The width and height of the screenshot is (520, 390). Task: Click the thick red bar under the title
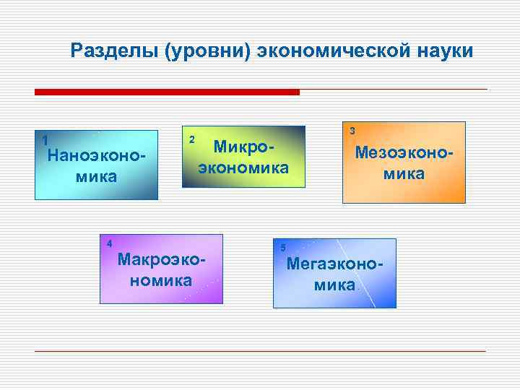point(167,92)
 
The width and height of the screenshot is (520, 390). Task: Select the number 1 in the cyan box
point(45,140)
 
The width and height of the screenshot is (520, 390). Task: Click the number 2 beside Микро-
point(191,139)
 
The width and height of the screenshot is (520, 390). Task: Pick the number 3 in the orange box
point(352,131)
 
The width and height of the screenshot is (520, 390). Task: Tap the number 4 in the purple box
point(108,243)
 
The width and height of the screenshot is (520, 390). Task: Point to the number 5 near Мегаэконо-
point(283,248)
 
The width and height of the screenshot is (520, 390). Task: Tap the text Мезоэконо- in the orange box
point(404,152)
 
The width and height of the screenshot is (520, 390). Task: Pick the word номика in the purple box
point(161,279)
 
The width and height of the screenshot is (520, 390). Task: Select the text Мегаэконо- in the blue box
point(334,264)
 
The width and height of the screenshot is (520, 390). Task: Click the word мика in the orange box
point(404,174)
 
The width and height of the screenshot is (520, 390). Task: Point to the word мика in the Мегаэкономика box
point(334,285)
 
